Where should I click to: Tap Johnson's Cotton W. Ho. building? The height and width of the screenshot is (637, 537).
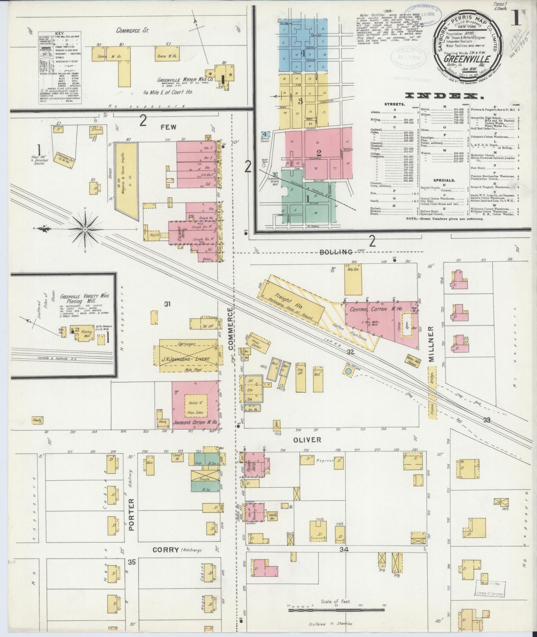pyautogui.click(x=195, y=405)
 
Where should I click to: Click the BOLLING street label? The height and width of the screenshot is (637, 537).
pyautogui.click(x=336, y=252)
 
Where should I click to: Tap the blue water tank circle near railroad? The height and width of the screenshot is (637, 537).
pyautogui.click(x=348, y=371)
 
